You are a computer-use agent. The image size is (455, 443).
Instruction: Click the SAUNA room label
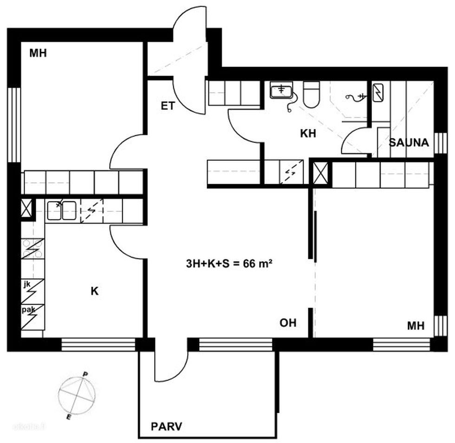[409, 143]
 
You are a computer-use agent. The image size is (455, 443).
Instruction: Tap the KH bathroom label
[308, 133]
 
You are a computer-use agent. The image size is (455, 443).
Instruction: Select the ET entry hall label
[168, 106]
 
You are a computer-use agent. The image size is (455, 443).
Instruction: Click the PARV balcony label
[166, 426]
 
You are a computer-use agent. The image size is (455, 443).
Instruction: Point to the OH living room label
[288, 323]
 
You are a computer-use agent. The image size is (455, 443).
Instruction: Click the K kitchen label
[95, 291]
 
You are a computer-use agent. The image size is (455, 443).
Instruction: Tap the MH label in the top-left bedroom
[38, 53]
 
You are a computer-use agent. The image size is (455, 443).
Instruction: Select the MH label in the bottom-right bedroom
[416, 326]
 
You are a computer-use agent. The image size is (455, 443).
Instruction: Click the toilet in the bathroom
[312, 94]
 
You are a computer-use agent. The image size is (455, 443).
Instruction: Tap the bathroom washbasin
[281, 89]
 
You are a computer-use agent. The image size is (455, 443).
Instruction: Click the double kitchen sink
[62, 210]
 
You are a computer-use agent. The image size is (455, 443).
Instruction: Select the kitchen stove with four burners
[33, 249]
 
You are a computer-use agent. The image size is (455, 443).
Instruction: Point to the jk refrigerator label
[27, 284]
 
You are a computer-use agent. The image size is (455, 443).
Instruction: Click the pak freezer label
[28, 310]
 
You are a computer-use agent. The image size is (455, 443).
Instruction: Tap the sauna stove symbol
[378, 93]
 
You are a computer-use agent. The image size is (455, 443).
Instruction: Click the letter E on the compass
[69, 417]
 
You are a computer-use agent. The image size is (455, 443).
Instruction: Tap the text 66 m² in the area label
[258, 264]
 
